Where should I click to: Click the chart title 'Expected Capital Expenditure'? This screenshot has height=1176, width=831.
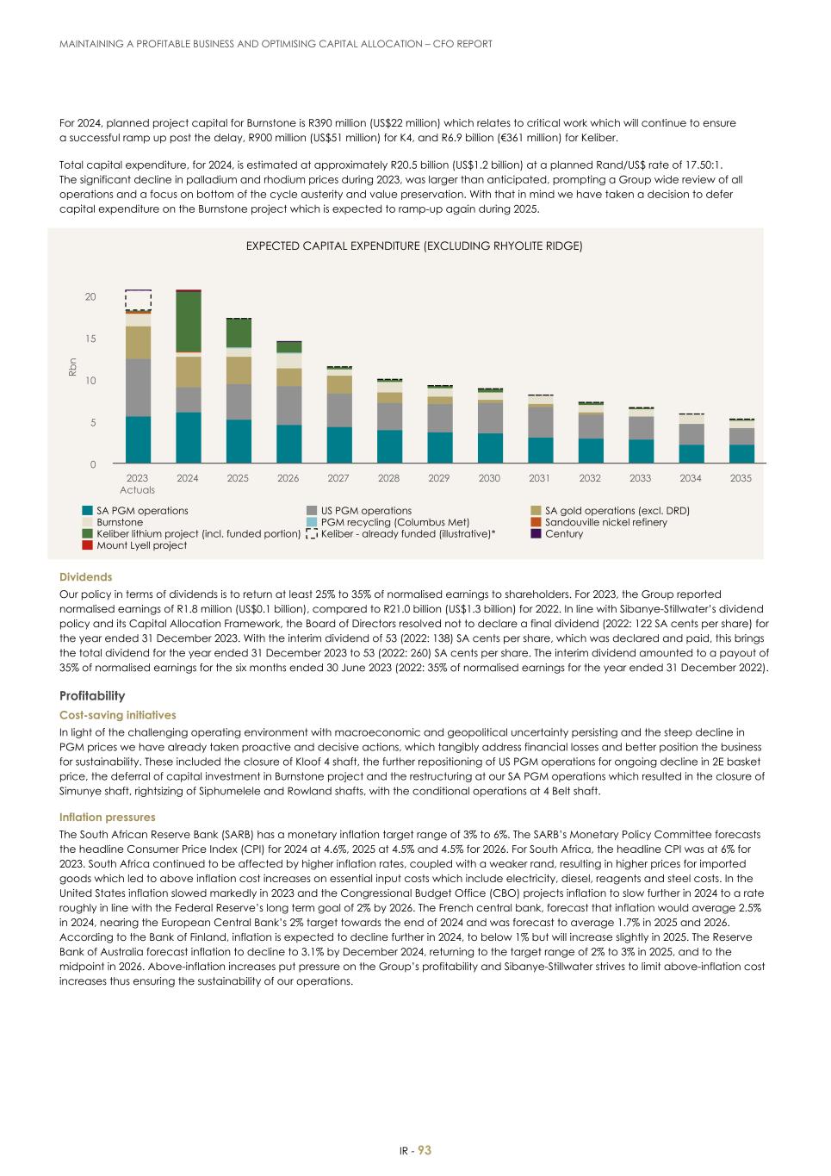(414, 246)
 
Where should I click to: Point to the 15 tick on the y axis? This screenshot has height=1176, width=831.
(90, 339)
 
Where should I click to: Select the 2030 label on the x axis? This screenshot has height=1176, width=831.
(489, 478)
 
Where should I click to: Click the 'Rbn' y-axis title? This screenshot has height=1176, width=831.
(72, 367)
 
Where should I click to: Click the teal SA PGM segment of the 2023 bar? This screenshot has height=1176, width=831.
(138, 440)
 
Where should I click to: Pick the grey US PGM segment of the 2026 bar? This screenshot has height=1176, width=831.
(288, 405)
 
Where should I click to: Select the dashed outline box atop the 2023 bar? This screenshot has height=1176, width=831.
(138, 300)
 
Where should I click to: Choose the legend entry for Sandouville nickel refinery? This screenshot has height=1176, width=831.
(605, 522)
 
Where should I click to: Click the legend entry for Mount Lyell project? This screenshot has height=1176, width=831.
(141, 545)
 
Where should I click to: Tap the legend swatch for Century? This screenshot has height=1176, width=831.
(536, 534)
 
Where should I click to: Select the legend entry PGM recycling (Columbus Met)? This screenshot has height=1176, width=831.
(394, 522)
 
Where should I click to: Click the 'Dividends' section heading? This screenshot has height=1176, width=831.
(85, 577)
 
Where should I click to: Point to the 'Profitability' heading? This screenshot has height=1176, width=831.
(92, 696)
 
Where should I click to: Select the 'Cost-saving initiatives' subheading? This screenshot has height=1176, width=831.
(117, 715)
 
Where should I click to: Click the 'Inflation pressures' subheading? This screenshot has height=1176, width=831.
(107, 817)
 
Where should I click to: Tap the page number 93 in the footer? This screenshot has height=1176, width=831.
(425, 1151)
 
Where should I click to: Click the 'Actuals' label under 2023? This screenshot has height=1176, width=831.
(138, 490)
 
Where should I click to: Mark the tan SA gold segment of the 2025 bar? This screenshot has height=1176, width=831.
(239, 370)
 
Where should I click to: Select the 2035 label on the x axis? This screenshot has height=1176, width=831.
(741, 478)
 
